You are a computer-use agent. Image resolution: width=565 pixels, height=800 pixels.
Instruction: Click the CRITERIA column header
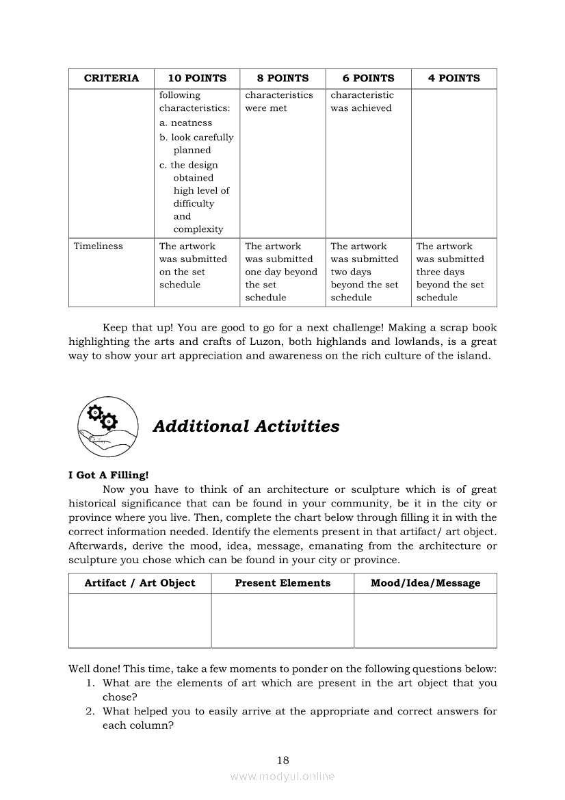tap(111, 78)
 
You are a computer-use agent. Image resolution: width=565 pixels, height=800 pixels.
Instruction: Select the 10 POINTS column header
tap(196, 78)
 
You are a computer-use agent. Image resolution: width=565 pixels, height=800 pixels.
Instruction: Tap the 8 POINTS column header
tap(282, 78)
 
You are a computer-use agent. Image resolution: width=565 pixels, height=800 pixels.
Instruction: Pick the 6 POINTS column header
tap(368, 78)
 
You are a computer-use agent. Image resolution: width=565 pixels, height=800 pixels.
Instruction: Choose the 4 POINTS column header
tap(454, 78)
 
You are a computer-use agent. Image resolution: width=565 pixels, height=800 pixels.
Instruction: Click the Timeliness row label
tap(98, 246)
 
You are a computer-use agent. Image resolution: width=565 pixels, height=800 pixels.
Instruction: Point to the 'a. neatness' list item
tap(185, 123)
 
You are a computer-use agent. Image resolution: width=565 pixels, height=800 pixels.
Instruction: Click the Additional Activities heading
tap(246, 426)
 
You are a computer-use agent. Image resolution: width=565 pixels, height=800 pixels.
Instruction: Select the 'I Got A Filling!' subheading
tap(108, 475)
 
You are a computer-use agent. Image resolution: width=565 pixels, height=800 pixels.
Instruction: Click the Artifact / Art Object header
tap(140, 583)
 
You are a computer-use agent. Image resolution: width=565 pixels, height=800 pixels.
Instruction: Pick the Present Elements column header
tap(282, 583)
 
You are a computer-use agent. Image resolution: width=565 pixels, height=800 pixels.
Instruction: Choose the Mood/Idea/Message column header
tap(425, 583)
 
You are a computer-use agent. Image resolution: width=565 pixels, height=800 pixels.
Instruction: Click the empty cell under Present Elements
tap(282, 620)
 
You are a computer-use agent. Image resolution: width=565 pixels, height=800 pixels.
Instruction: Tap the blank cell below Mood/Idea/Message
tap(425, 620)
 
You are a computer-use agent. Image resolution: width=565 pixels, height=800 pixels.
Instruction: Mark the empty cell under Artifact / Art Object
tap(140, 620)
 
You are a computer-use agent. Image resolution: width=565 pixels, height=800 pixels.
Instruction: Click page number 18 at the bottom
tap(283, 760)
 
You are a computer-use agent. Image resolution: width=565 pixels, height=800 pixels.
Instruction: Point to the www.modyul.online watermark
tap(282, 777)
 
